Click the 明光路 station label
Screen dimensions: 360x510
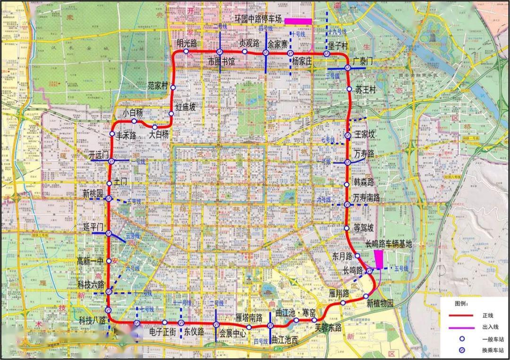click(x=187, y=43)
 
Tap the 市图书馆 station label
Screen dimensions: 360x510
click(x=221, y=62)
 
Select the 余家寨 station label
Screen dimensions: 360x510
click(x=278, y=43)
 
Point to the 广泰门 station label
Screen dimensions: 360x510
click(x=363, y=62)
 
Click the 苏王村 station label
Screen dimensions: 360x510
click(x=365, y=90)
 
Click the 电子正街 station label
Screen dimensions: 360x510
click(x=162, y=332)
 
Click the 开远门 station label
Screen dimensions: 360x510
click(x=99, y=154)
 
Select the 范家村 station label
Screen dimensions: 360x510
click(x=158, y=86)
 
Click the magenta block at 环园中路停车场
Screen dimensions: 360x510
click(x=297, y=21)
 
